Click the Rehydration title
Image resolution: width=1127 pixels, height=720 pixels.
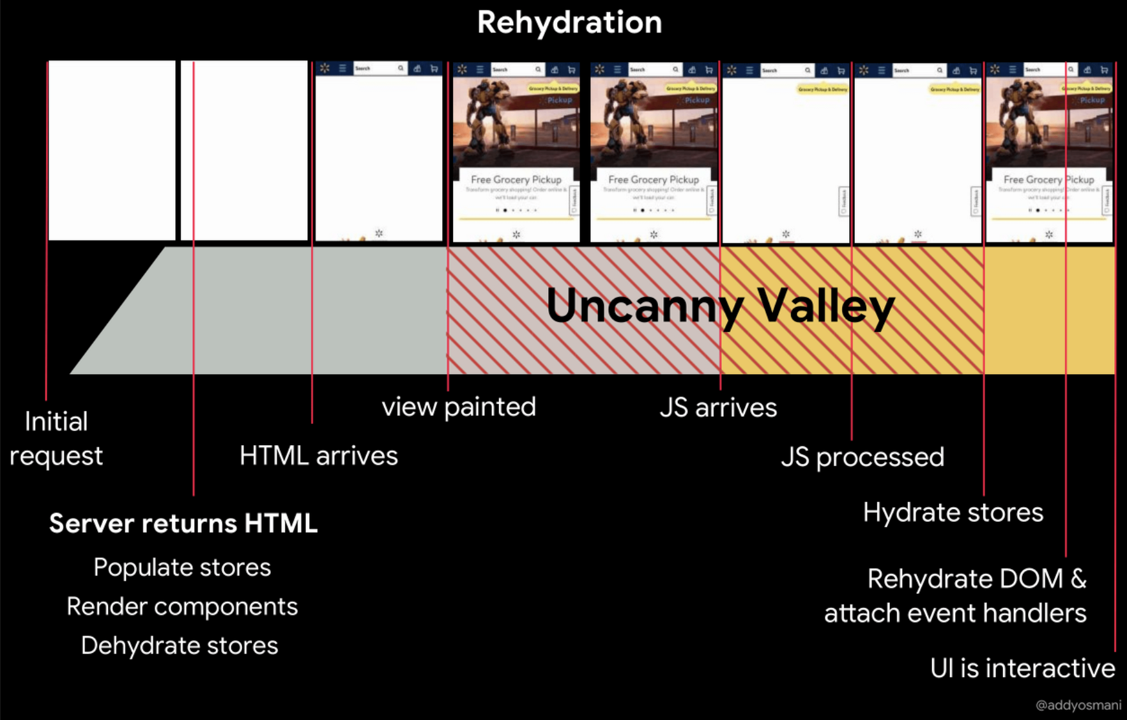point(569,22)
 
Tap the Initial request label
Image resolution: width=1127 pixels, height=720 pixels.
point(56,439)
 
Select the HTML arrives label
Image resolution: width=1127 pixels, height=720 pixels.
point(318,456)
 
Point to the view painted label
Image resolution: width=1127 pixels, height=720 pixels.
point(459,407)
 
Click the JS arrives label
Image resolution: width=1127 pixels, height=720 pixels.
point(718,407)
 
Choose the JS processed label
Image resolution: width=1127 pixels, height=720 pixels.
point(862,457)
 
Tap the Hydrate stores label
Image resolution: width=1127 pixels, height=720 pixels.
point(953,512)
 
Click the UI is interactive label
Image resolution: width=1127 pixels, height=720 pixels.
point(1022,668)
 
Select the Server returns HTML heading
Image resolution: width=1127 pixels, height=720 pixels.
point(183,523)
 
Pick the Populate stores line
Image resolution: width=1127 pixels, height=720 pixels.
point(182,567)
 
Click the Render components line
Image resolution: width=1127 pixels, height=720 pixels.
point(182,606)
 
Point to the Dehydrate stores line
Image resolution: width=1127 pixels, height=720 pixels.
point(180,645)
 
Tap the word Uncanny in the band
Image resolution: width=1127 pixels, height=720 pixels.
point(644,306)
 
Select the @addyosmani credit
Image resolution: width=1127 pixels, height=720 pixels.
point(1078,705)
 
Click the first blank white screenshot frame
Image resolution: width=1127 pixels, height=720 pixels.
point(112,150)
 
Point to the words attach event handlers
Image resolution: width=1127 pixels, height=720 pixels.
point(955,613)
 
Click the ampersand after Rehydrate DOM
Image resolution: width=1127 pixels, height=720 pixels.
point(1078,579)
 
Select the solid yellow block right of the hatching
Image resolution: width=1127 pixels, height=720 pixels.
point(1049,310)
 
